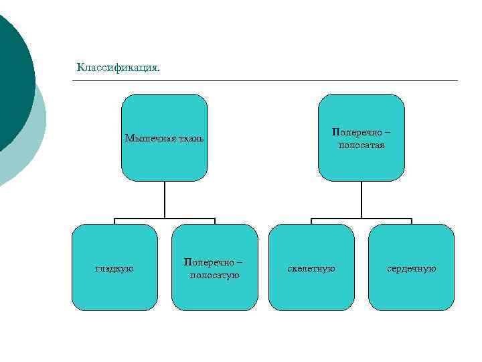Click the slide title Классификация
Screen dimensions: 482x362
[118, 67]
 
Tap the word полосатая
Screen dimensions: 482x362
[361, 145]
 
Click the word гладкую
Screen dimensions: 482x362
[114, 268]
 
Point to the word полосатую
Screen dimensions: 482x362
[215, 275]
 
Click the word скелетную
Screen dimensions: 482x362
[311, 268]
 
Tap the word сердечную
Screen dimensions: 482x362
[411, 268]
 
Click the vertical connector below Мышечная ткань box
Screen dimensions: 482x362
[165, 200]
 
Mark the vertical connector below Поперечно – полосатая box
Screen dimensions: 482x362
[361, 200]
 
